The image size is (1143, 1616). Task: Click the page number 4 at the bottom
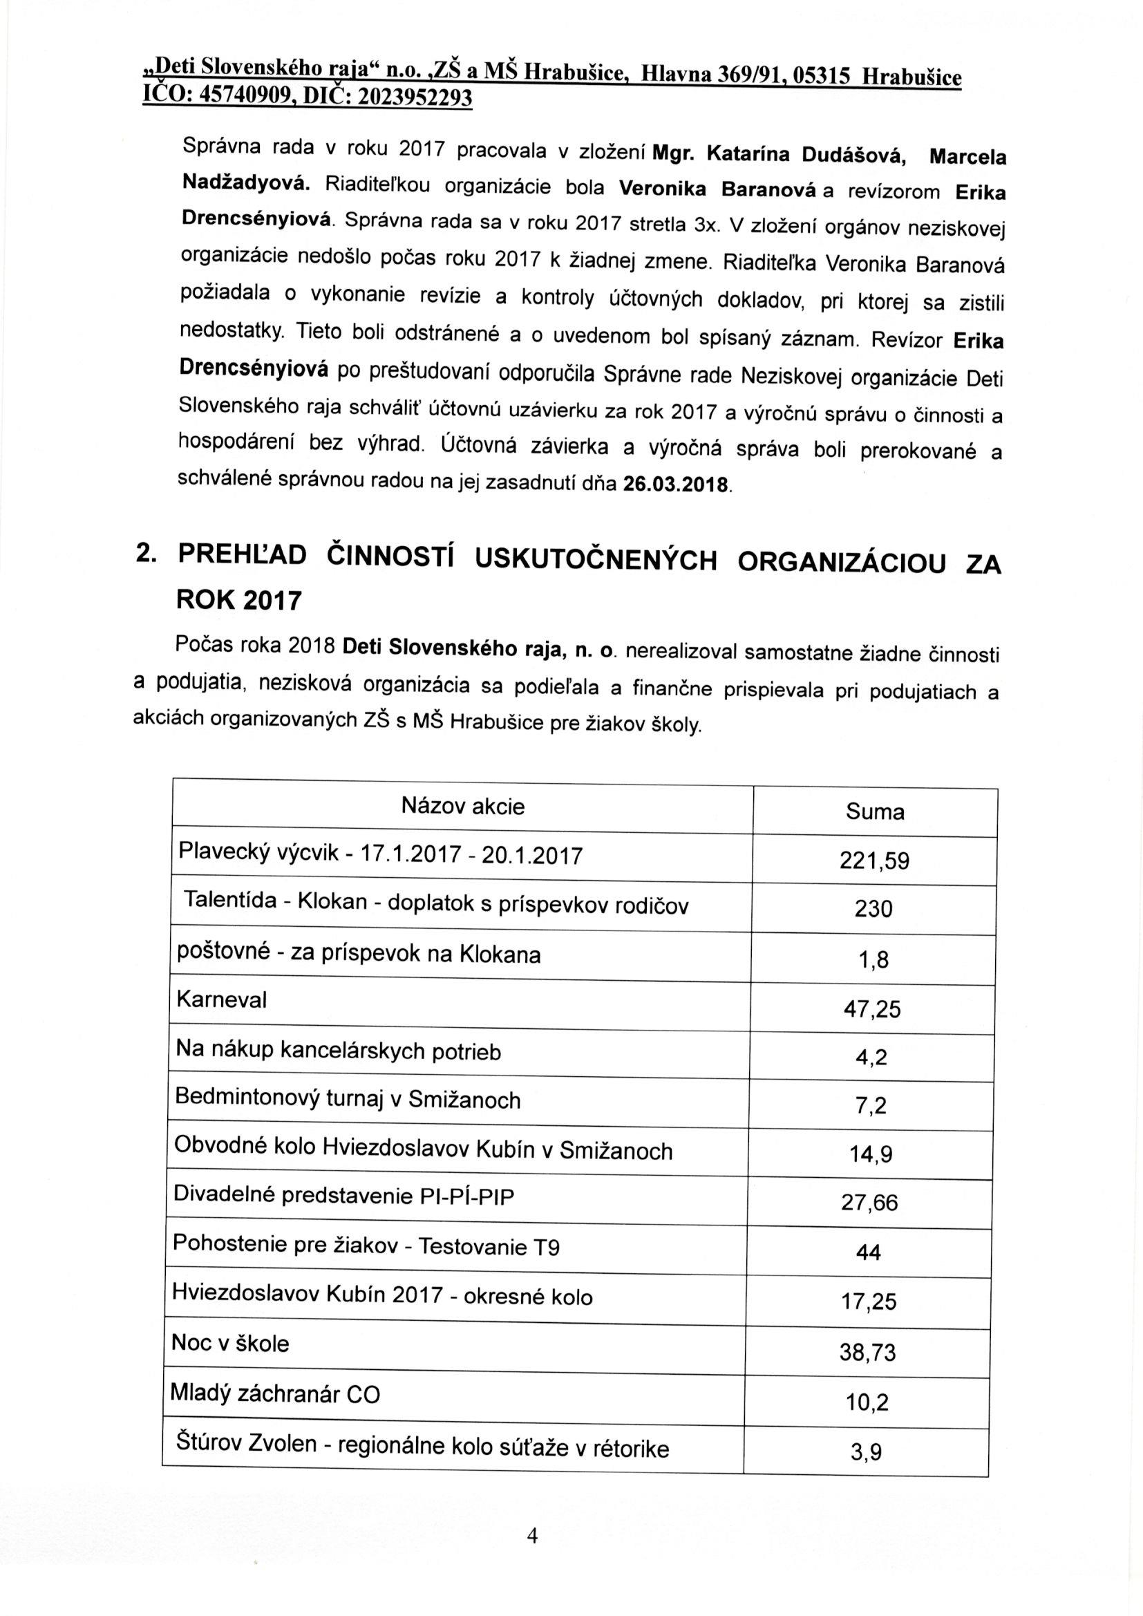click(x=532, y=1535)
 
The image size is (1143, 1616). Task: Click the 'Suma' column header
click(x=875, y=811)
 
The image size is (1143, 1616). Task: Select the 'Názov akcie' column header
click(x=463, y=806)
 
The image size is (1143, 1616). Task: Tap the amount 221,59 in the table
click(x=874, y=861)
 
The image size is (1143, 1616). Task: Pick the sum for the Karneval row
click(x=872, y=1010)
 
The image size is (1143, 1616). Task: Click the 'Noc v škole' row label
click(x=230, y=1344)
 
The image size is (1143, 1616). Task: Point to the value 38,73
click(x=868, y=1352)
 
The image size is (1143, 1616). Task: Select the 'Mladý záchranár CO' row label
click(x=275, y=1394)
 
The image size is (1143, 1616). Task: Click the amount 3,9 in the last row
click(x=867, y=1452)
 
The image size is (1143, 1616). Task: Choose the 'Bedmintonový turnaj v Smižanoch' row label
click(x=348, y=1100)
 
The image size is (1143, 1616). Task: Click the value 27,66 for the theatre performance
click(x=870, y=1202)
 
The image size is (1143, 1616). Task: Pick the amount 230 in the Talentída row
click(x=873, y=910)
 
